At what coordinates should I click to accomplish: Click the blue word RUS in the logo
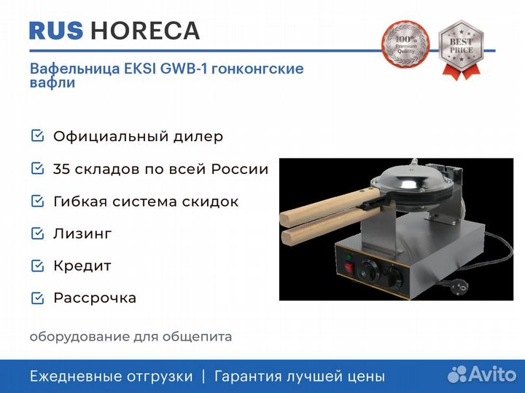tap(56, 31)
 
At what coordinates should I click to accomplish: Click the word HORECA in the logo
tap(145, 31)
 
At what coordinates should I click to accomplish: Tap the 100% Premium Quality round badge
tap(405, 44)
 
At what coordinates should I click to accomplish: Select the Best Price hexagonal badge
tap(461, 49)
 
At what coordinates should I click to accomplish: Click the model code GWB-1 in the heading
tap(184, 68)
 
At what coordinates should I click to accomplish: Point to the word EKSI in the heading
tap(140, 68)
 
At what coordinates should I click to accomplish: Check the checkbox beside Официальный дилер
tap(37, 136)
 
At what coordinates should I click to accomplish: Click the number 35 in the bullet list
tap(61, 169)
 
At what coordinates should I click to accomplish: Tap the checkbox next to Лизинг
tap(37, 234)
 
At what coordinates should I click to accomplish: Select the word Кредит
tap(82, 266)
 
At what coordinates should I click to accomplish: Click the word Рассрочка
tap(95, 298)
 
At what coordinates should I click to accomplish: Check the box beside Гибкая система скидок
tap(37, 201)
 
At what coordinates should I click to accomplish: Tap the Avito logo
tap(482, 374)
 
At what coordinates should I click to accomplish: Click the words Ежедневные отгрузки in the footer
tap(111, 377)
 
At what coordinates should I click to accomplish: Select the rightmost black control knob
tap(394, 277)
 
